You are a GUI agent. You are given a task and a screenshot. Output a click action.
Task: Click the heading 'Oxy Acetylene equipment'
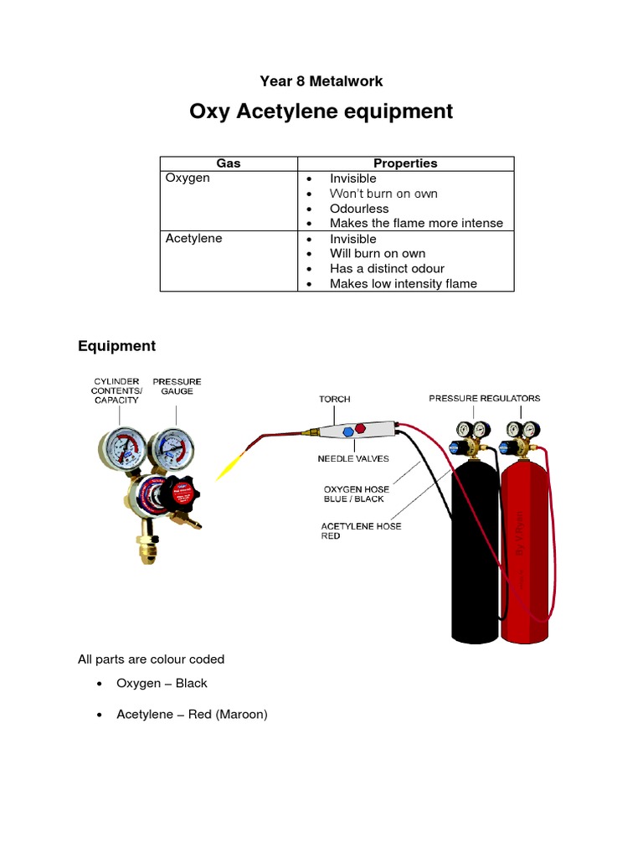pyautogui.click(x=321, y=111)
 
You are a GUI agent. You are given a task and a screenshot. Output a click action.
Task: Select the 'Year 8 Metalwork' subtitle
pyautogui.click(x=321, y=81)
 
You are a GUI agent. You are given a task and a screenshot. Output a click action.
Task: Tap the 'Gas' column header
pyautogui.click(x=229, y=163)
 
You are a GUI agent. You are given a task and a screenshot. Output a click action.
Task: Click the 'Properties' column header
pyautogui.click(x=405, y=163)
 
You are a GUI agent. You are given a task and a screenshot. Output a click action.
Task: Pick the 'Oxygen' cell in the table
pyautogui.click(x=188, y=178)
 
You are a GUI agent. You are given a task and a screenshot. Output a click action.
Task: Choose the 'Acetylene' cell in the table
pyautogui.click(x=194, y=239)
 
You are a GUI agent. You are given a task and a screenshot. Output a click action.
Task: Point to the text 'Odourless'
pyautogui.click(x=359, y=209)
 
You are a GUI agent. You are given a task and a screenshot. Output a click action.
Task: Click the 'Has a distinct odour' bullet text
pyautogui.click(x=387, y=269)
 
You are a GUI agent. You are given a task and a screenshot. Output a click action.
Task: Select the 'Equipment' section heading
pyautogui.click(x=116, y=346)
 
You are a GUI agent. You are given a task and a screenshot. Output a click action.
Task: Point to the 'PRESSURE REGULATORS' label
pyautogui.click(x=484, y=398)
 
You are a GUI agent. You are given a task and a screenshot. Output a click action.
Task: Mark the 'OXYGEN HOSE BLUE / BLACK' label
pyautogui.click(x=354, y=494)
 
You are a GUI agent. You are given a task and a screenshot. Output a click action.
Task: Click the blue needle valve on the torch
pyautogui.click(x=347, y=432)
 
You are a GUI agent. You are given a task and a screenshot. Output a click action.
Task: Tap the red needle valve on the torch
pyautogui.click(x=361, y=428)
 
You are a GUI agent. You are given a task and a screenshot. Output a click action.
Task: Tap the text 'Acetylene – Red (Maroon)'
pyautogui.click(x=192, y=715)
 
